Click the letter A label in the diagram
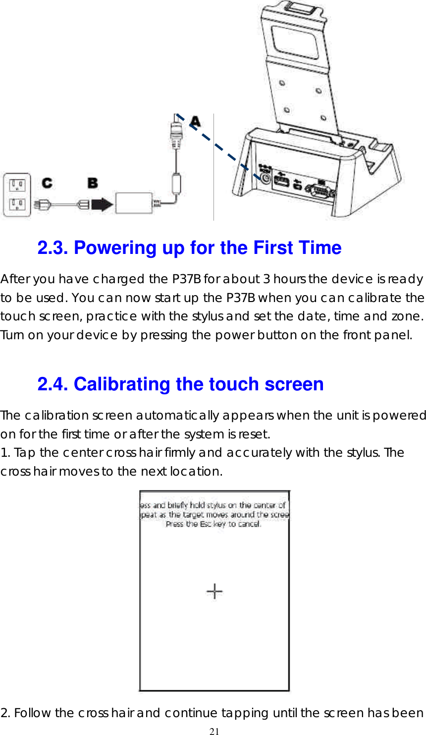coord(196,121)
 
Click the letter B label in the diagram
coord(93,183)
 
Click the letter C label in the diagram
coord(48,183)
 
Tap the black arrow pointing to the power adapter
coord(102,204)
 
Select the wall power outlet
coord(17,195)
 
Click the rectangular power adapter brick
coord(134,202)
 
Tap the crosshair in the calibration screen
coord(214,591)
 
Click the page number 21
coord(214,731)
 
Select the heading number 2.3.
coord(53,247)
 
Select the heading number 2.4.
coord(53,384)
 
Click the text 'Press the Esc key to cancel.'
coord(213,524)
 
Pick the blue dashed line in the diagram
coord(218,147)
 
